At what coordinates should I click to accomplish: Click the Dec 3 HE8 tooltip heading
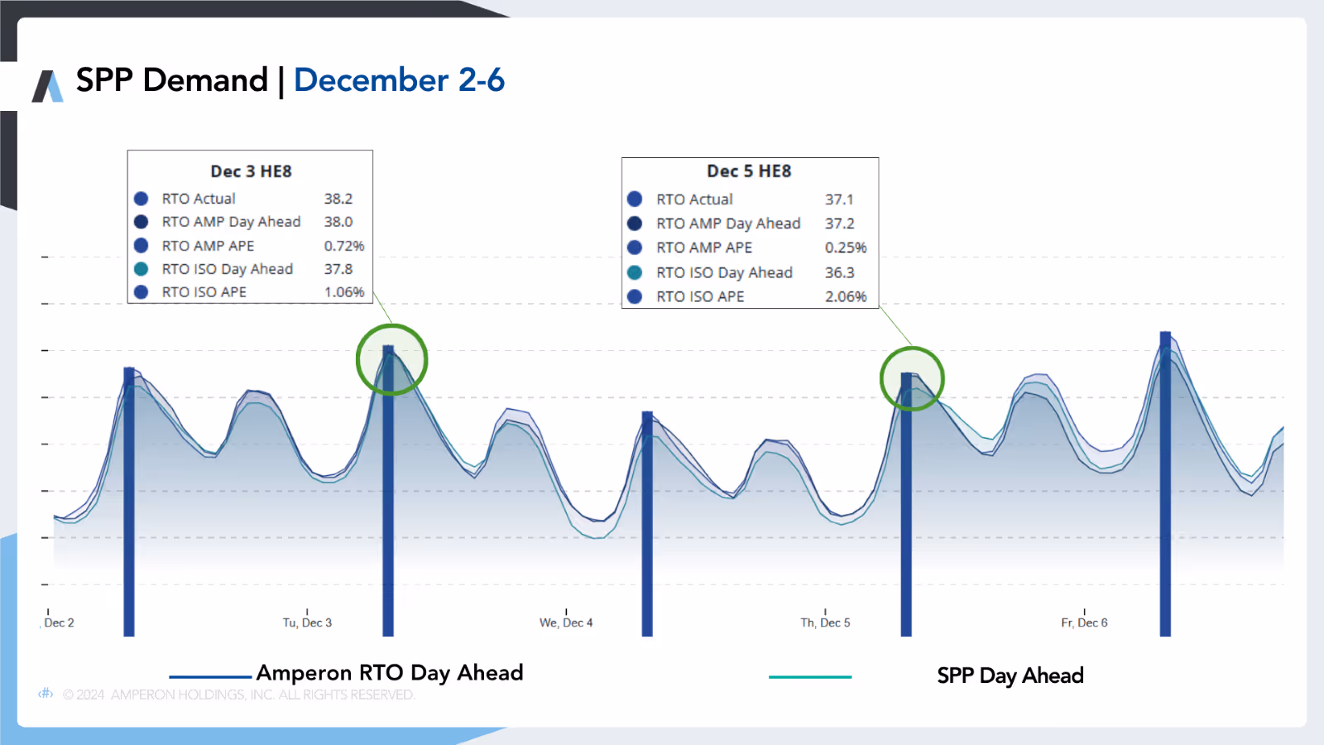pos(251,171)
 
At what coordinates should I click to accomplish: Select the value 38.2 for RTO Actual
pos(338,199)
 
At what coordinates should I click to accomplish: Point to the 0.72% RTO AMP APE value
pos(343,246)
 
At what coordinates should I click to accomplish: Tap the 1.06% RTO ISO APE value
pos(343,292)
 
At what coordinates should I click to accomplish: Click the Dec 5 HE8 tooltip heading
pos(749,171)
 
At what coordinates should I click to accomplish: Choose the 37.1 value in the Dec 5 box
pos(838,199)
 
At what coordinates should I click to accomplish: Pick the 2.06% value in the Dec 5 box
pos(845,296)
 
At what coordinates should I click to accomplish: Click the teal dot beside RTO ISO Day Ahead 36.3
pos(635,272)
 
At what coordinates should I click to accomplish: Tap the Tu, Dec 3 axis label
pos(307,622)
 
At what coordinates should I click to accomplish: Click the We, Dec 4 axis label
pos(566,622)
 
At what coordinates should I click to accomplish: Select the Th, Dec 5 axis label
pos(825,622)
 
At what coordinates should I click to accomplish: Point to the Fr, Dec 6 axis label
pos(1084,622)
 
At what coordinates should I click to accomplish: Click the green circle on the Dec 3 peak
pos(391,359)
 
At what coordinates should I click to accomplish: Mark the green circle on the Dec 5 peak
pos(912,379)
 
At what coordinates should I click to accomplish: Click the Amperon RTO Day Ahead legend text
pos(390,673)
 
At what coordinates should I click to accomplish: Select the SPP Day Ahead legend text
pos(1010,676)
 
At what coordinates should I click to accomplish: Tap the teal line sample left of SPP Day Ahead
pos(809,677)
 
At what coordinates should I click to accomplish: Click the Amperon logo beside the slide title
pos(47,86)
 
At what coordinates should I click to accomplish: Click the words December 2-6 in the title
pos(399,80)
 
